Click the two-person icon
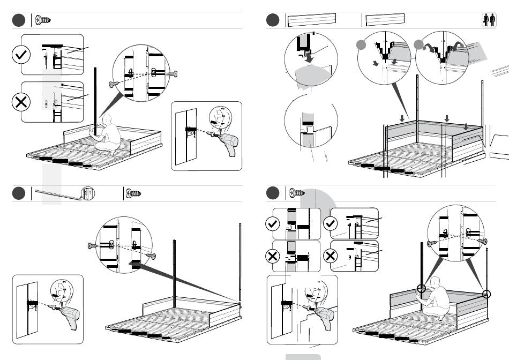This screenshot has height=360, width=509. click(x=489, y=20)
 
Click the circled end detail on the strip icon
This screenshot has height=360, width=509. click(x=87, y=193)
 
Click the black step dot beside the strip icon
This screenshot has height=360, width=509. click(x=18, y=193)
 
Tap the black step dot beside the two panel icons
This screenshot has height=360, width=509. click(x=273, y=20)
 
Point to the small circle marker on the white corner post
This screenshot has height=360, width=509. click(x=486, y=294)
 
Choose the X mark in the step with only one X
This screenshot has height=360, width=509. click(x=22, y=102)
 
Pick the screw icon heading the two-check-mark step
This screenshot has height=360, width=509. click(x=296, y=193)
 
